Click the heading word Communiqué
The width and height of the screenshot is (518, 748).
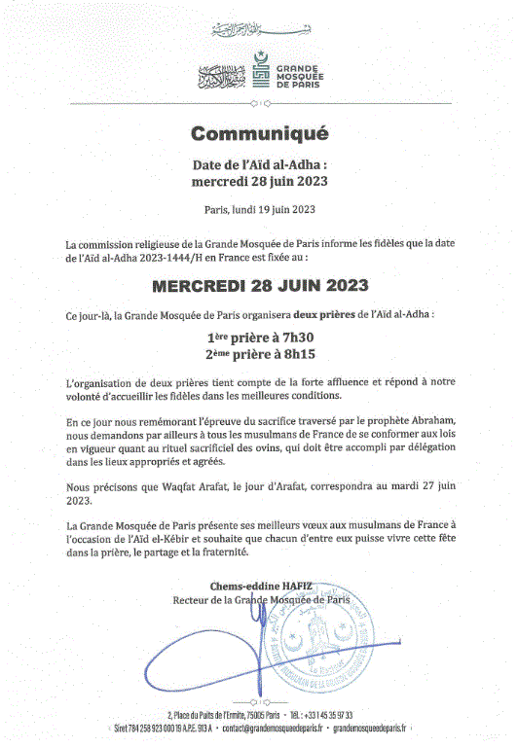(x=259, y=133)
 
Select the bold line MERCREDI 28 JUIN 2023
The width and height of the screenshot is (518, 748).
(x=259, y=287)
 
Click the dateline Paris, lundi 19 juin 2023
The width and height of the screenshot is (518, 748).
(x=259, y=208)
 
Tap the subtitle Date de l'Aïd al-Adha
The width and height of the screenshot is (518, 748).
(x=259, y=165)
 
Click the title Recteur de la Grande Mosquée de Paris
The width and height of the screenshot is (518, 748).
(x=260, y=600)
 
